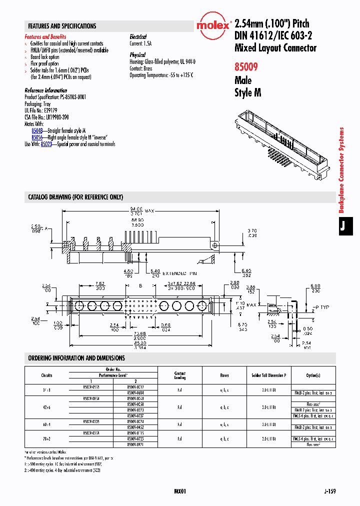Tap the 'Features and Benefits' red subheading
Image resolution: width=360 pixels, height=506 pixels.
pyautogui.click(x=45, y=36)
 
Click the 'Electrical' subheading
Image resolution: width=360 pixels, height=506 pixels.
pyautogui.click(x=138, y=36)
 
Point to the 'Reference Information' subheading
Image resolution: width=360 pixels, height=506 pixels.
pyautogui.click(x=45, y=90)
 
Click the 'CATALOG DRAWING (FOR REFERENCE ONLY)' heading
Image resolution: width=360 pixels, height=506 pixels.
pyautogui.click(x=75, y=197)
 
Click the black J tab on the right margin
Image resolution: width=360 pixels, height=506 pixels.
pyautogui.click(x=342, y=226)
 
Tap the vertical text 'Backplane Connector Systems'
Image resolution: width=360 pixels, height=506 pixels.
pyautogui.click(x=342, y=170)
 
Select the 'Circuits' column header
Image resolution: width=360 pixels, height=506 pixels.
pyautogui.click(x=46, y=375)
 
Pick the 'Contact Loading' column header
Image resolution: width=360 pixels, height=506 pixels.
pyautogui.click(x=180, y=375)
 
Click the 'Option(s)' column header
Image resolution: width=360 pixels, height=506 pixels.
pyautogui.click(x=313, y=375)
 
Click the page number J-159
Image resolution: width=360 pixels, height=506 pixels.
pyautogui.click(x=329, y=491)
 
